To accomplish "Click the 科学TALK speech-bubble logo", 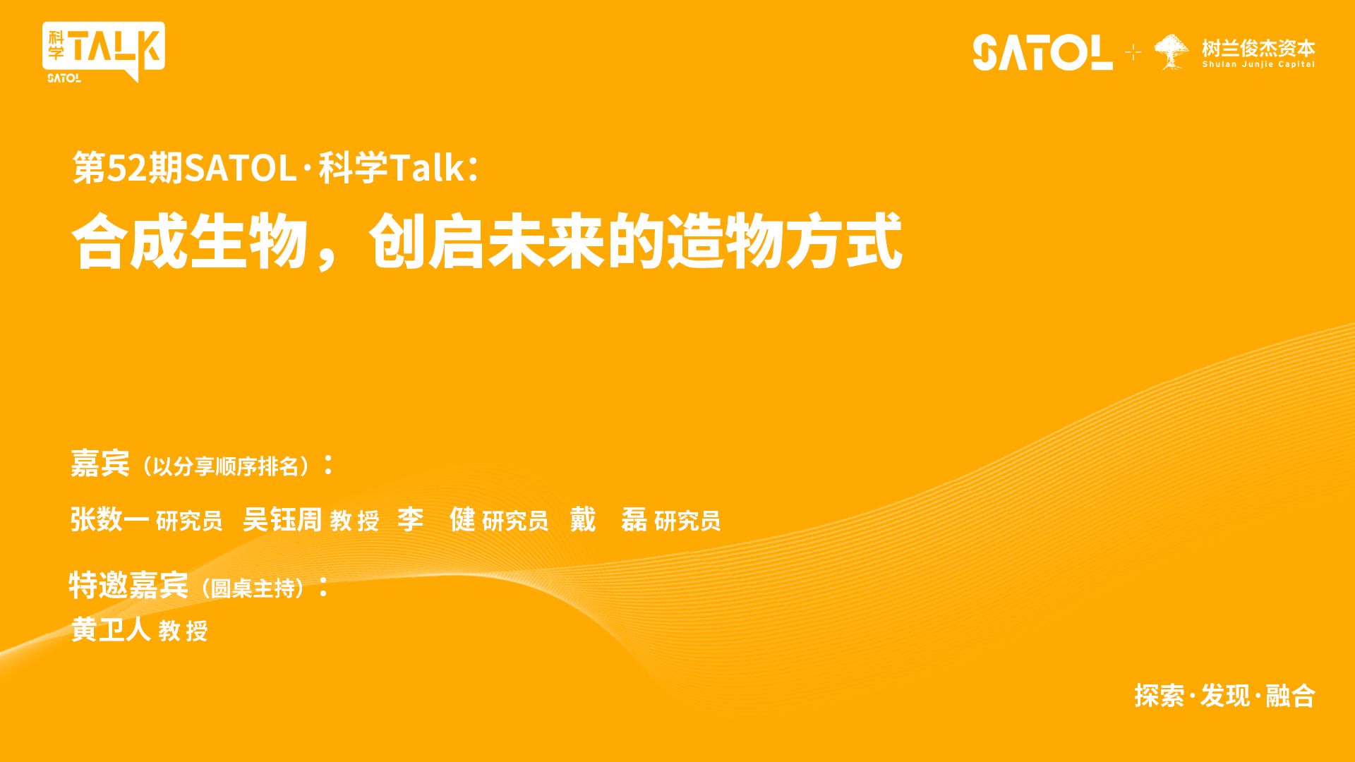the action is click(103, 52).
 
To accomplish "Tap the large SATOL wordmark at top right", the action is click(1042, 52).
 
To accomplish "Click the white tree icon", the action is click(1171, 52).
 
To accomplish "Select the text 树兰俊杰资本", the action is click(1258, 47).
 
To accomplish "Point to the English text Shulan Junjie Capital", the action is click(1258, 64).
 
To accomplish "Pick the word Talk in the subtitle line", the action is click(427, 168).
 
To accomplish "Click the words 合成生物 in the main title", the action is click(191, 242).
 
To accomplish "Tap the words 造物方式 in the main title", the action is click(785, 242).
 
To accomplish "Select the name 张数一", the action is click(110, 519).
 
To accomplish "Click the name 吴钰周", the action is click(282, 519).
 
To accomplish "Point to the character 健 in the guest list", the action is click(462, 519).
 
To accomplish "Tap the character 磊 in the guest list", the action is click(634, 519).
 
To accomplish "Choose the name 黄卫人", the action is click(111, 629).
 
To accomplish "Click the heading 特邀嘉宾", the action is click(128, 585).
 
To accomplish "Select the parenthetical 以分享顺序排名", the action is click(226, 466).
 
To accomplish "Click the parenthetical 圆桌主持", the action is click(253, 588).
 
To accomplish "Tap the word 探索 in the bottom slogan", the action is click(1160, 696).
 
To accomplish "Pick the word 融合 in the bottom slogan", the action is click(1291, 696).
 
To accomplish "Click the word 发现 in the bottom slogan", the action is click(1225, 696).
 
